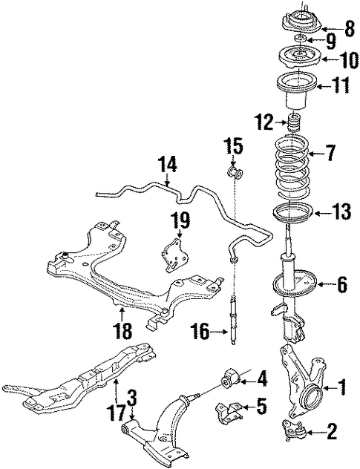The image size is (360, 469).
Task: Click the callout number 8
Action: click(349, 29)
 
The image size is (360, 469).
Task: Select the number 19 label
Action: click(180, 220)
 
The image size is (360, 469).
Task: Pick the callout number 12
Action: click(264, 122)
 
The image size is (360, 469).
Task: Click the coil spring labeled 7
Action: click(292, 169)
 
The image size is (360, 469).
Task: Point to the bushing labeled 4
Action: click(230, 376)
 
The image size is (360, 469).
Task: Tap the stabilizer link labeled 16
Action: click(233, 319)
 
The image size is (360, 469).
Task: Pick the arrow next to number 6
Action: click(324, 283)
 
